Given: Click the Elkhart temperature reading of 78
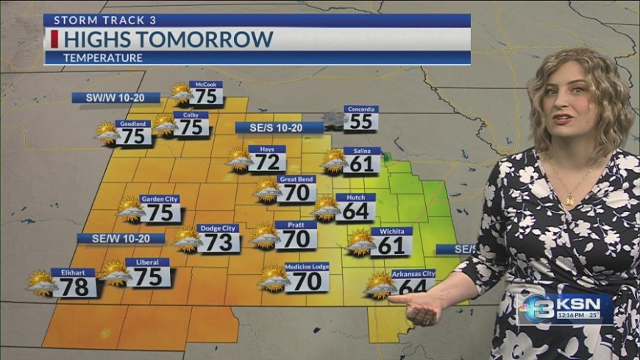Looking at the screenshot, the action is point(74,286).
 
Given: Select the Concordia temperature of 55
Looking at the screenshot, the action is point(360,121).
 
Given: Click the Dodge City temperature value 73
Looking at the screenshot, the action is point(218,242).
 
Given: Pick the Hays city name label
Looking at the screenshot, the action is point(266,149).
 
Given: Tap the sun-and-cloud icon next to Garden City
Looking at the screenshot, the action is point(130,210).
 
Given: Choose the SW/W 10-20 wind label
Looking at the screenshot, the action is point(106,97).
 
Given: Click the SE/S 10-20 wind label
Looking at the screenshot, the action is point(279,127).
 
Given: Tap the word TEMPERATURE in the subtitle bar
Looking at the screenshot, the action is point(103,57).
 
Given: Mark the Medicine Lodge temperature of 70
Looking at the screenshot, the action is point(307,281).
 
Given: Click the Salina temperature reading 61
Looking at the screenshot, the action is point(362,164).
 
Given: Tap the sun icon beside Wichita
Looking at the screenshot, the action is point(360,241).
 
